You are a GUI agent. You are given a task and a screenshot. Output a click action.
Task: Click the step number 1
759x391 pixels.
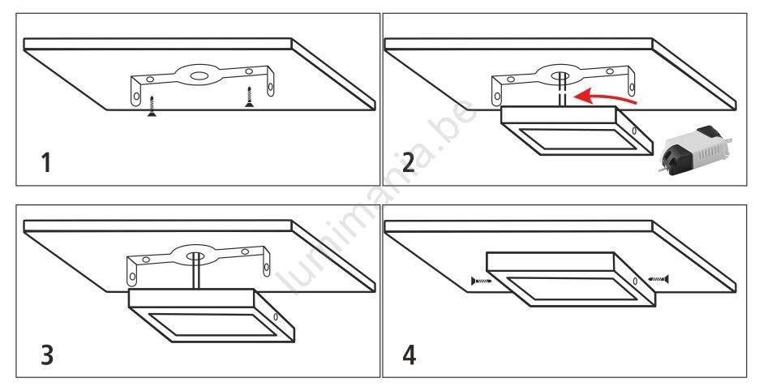click(x=46, y=163)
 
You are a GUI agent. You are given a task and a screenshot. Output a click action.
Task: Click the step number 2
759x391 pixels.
click(x=409, y=163)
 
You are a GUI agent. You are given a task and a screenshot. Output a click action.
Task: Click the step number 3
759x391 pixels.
click(x=47, y=354)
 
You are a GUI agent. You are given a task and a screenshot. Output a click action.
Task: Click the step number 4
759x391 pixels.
click(x=410, y=354)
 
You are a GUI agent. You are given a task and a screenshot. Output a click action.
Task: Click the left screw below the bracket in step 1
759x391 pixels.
click(x=152, y=106)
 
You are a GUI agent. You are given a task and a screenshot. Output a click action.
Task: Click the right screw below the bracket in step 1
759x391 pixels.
click(x=249, y=97)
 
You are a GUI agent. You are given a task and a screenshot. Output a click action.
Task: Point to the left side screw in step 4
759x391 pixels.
click(x=482, y=281)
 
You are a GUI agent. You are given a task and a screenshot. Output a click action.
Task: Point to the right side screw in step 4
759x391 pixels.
click(x=658, y=278)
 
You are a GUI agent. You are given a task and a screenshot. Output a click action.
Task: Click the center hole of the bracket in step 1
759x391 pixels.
click(x=198, y=75)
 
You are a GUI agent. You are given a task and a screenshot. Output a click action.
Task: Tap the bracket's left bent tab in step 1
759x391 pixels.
click(x=135, y=93)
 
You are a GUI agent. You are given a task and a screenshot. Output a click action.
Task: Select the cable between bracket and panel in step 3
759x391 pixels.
click(x=196, y=272)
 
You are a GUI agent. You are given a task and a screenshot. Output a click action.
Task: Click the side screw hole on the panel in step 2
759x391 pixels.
click(x=634, y=131)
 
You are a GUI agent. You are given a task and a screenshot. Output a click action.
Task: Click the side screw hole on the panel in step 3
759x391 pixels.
click(x=276, y=317)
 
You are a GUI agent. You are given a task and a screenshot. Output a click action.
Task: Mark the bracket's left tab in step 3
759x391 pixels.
click(x=132, y=273)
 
